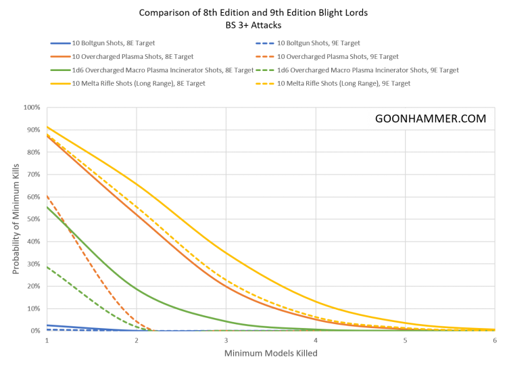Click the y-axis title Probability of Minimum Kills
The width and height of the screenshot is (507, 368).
pos(14,219)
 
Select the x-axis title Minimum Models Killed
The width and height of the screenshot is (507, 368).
pos(270,354)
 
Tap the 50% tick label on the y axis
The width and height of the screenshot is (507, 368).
pos(34,219)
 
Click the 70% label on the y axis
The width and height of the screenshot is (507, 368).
pos(34,175)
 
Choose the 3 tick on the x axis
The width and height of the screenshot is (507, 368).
pos(226,340)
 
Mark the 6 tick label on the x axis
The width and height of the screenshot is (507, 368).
pos(494,340)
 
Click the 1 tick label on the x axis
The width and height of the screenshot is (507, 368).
pos(47,340)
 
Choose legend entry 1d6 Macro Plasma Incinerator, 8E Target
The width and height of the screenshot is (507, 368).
pos(152,70)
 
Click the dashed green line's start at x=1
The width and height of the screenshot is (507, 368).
pos(47,267)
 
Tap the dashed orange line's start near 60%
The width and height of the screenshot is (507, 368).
pos(47,196)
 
